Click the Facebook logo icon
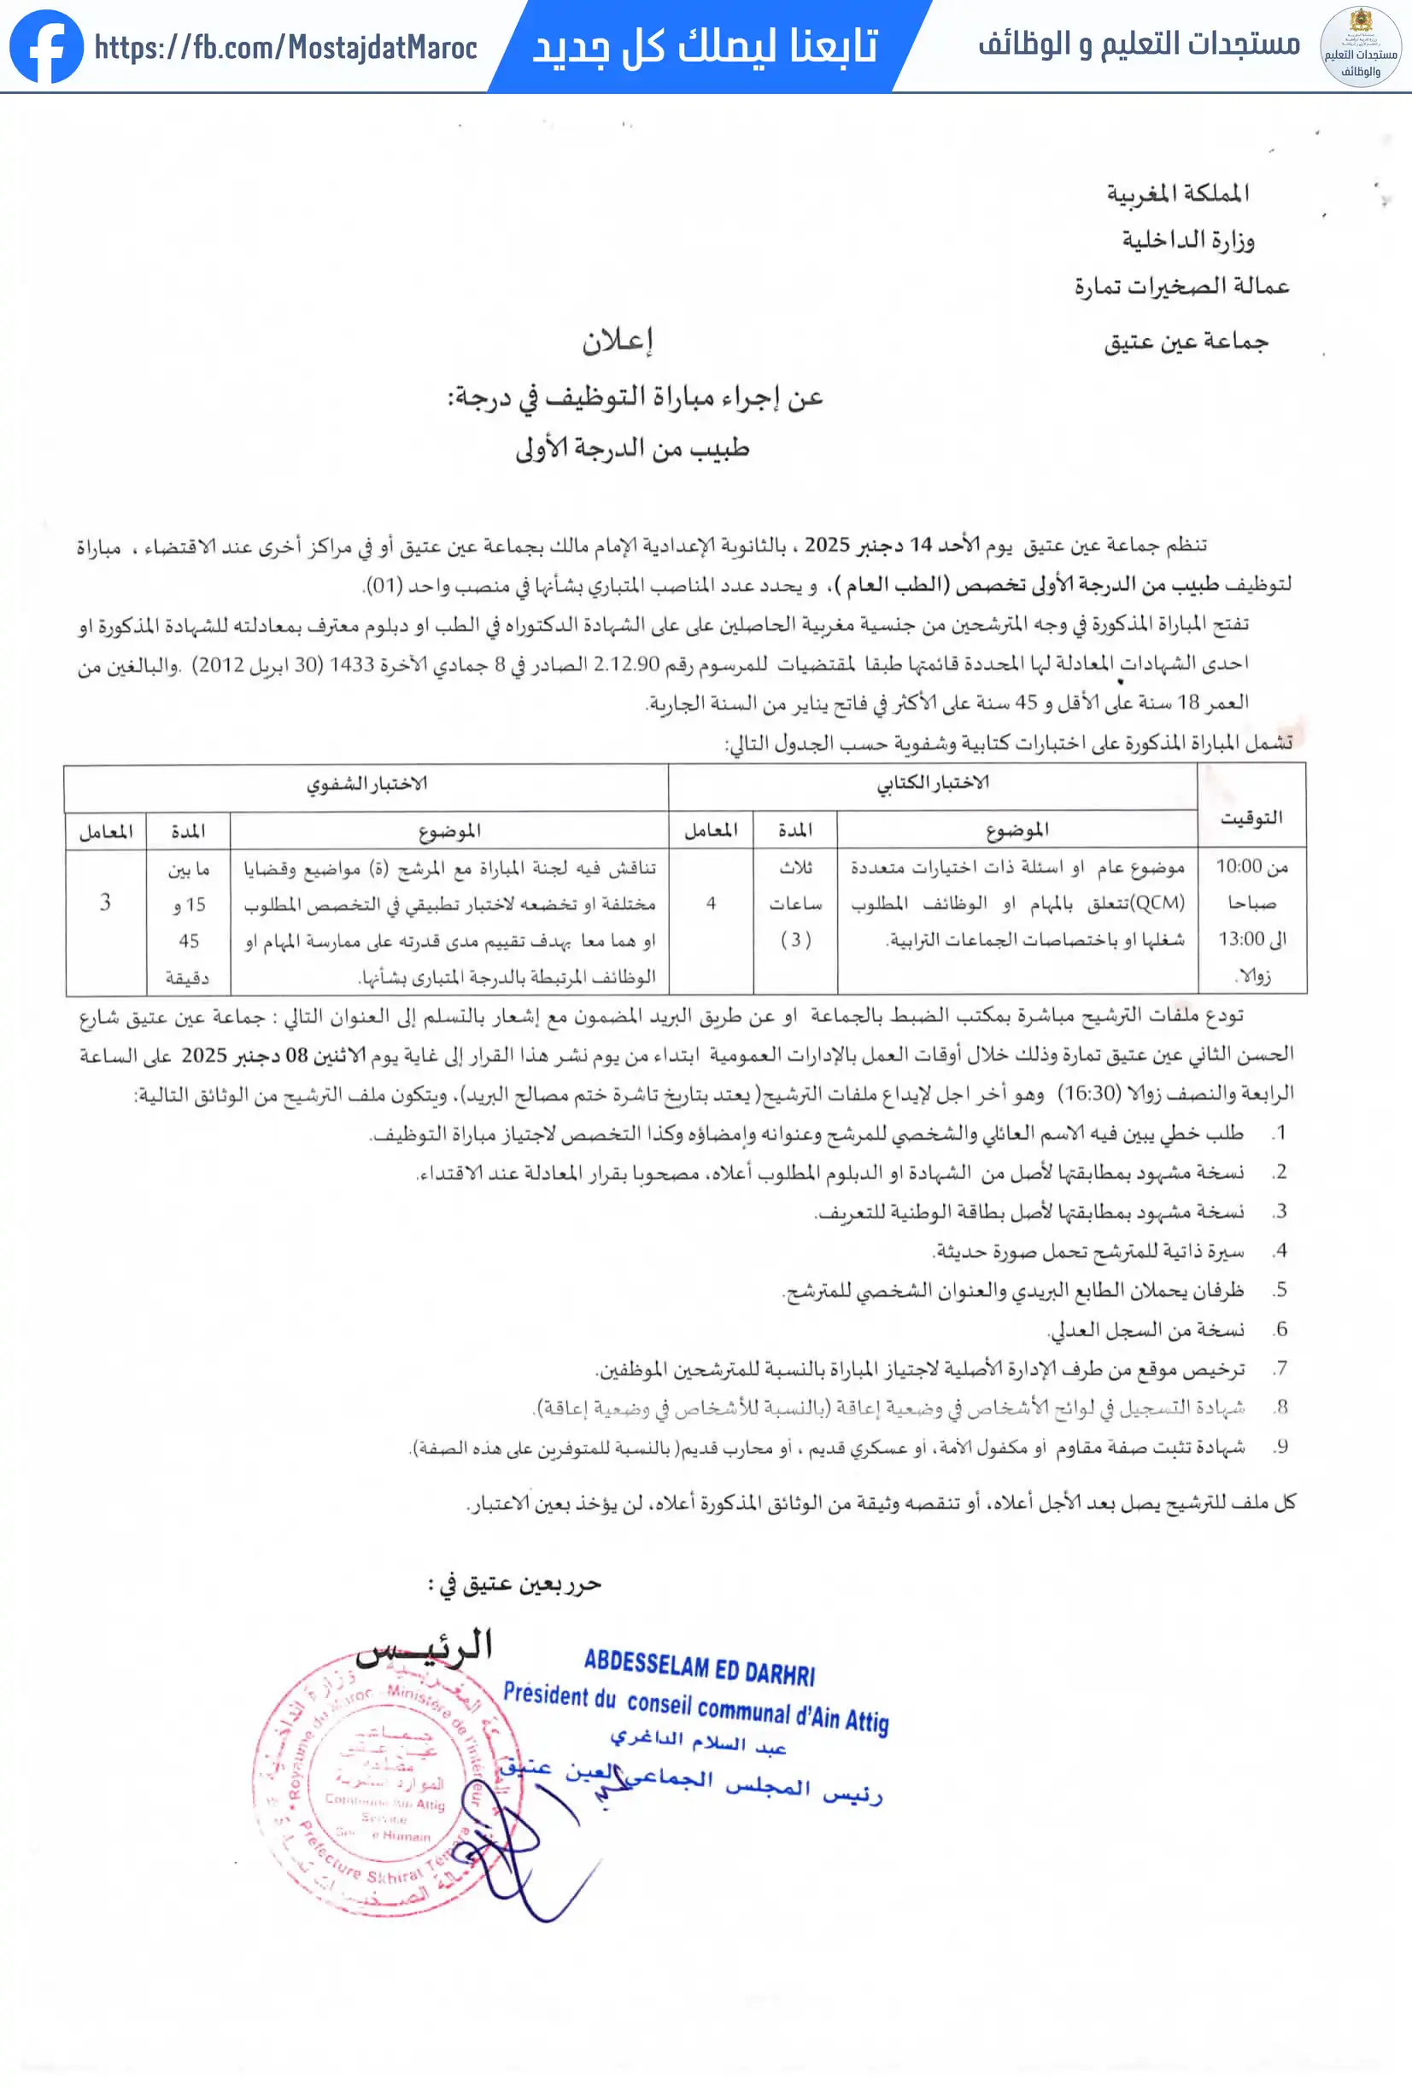pos(46,46)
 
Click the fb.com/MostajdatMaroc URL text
pos(285,47)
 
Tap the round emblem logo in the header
pos(1360,47)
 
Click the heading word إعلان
pos(618,341)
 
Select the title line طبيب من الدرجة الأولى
pos(632,447)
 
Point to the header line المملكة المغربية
pos(1177,193)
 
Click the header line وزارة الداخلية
pos(1187,240)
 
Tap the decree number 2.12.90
pos(627,664)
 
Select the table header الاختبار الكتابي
pos(933,784)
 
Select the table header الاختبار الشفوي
pos(367,785)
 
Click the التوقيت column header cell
pos(1251,818)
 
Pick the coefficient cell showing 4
pos(711,903)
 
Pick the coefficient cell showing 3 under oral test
pos(105,902)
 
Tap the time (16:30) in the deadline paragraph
pos(1088,1094)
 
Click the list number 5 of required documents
pos(1280,1290)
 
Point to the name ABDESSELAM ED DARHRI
pos(699,1667)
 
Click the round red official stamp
pos(378,1784)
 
